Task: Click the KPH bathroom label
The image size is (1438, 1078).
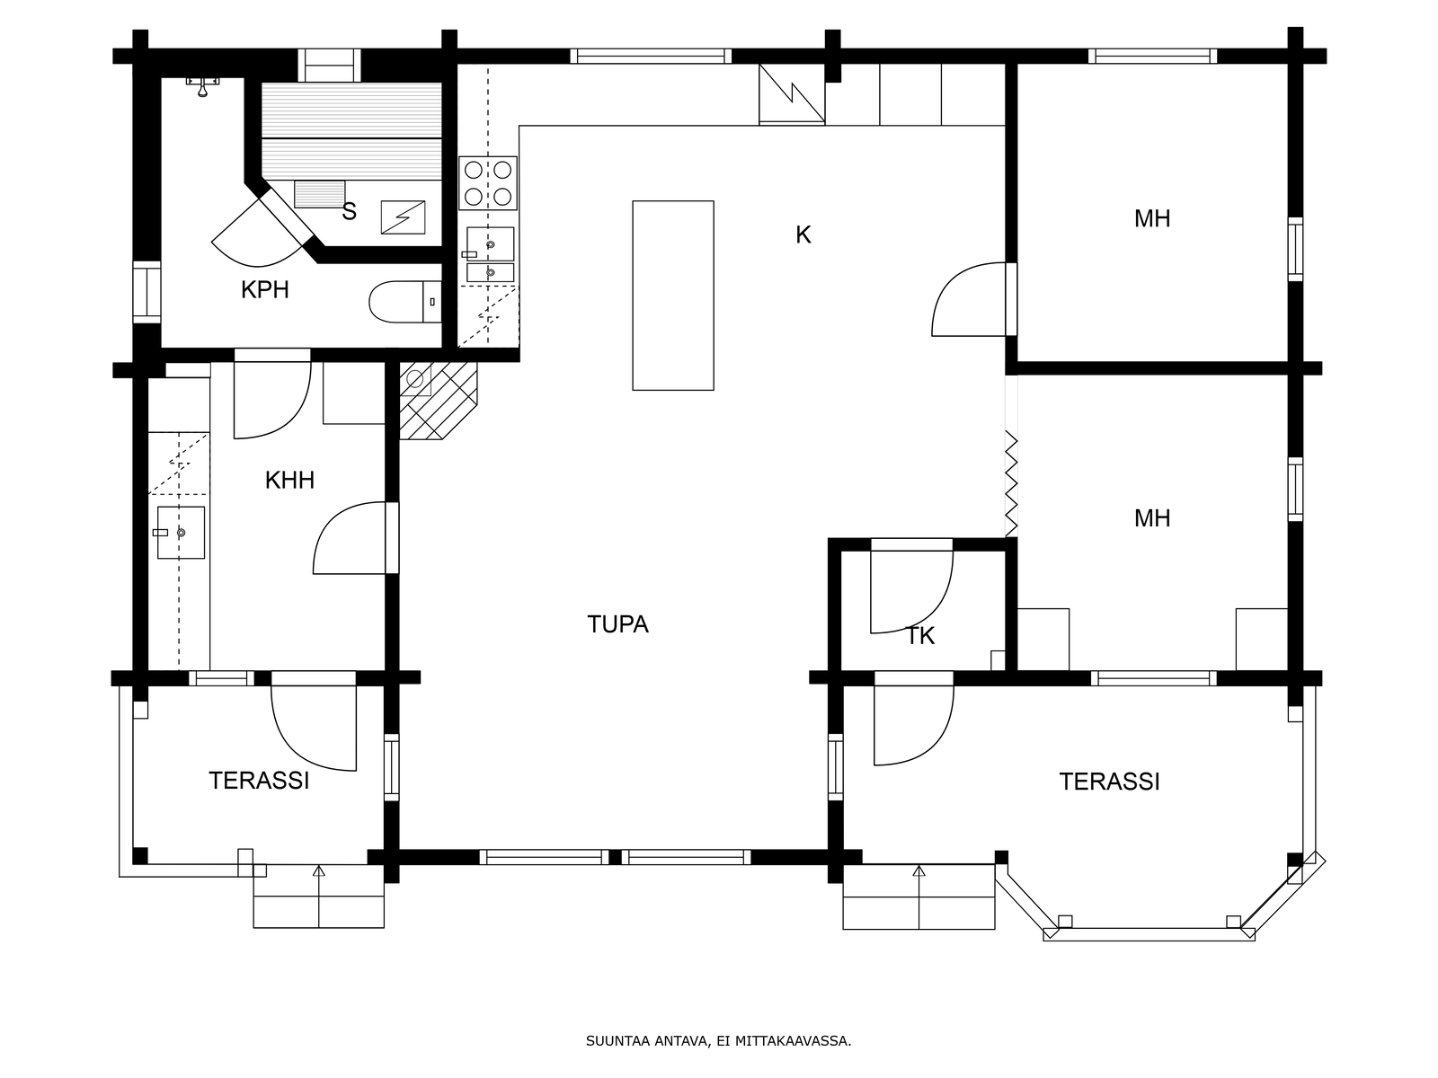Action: pyautogui.click(x=264, y=289)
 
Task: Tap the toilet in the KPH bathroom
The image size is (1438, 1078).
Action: pyautogui.click(x=404, y=302)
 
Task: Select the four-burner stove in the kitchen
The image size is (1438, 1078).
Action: pyautogui.click(x=488, y=183)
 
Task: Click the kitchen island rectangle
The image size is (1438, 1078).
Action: pyautogui.click(x=673, y=296)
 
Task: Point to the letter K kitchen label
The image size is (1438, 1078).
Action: pyautogui.click(x=803, y=234)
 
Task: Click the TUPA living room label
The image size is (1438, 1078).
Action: pyautogui.click(x=617, y=624)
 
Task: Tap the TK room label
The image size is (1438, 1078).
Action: pyautogui.click(x=920, y=635)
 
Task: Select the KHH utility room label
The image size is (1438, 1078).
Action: pyautogui.click(x=289, y=481)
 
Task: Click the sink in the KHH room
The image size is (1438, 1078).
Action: pyautogui.click(x=180, y=533)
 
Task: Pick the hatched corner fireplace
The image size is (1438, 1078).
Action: pyautogui.click(x=438, y=401)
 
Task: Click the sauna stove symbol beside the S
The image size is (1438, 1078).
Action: pyautogui.click(x=403, y=217)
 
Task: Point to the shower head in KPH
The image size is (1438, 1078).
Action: pyautogui.click(x=202, y=86)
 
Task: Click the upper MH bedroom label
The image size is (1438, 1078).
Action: pyautogui.click(x=1152, y=218)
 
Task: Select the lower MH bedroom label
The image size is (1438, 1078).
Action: pyautogui.click(x=1152, y=518)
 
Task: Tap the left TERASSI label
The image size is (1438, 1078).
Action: pyautogui.click(x=259, y=781)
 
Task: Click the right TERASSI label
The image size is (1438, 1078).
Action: pyautogui.click(x=1110, y=782)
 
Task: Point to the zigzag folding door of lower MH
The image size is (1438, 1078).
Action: pyautogui.click(x=1011, y=483)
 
